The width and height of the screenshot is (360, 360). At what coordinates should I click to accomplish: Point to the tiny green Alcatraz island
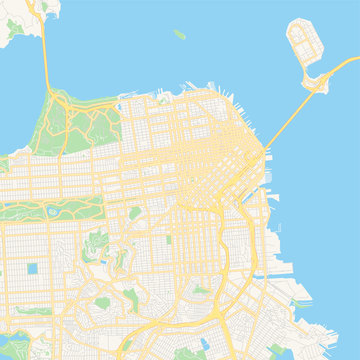click(180, 33)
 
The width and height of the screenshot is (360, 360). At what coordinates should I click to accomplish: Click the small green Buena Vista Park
click(132, 211)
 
